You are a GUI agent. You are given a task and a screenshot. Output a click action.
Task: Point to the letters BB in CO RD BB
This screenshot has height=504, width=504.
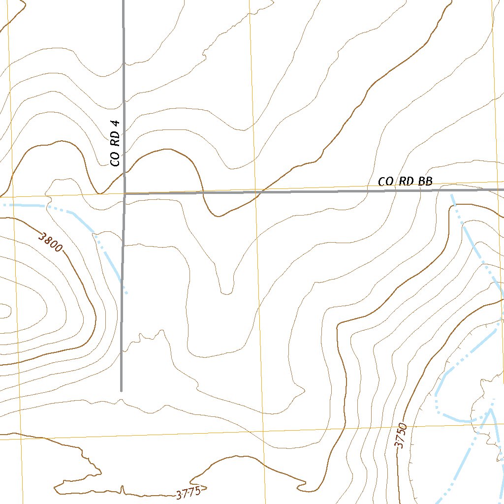tap(425, 181)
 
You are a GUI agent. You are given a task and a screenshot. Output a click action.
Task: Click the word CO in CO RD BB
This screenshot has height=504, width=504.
tap(385, 182)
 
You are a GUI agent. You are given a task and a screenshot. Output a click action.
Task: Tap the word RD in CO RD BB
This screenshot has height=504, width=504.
tap(406, 181)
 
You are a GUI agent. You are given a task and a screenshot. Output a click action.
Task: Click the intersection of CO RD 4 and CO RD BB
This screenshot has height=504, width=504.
tap(125, 194)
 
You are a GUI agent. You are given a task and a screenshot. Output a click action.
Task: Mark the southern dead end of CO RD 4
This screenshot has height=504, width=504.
tap(121, 391)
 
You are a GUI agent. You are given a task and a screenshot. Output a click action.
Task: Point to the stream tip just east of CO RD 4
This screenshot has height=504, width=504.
tap(126, 294)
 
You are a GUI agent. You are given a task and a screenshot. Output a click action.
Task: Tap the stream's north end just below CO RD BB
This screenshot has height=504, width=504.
tap(452, 195)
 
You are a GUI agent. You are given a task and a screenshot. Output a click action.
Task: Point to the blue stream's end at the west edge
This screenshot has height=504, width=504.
tap(1, 204)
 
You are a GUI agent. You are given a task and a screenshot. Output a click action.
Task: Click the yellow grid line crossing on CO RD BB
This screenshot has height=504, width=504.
tap(255, 191)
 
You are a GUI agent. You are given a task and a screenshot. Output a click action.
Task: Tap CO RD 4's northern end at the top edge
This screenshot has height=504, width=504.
tap(123, 1)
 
